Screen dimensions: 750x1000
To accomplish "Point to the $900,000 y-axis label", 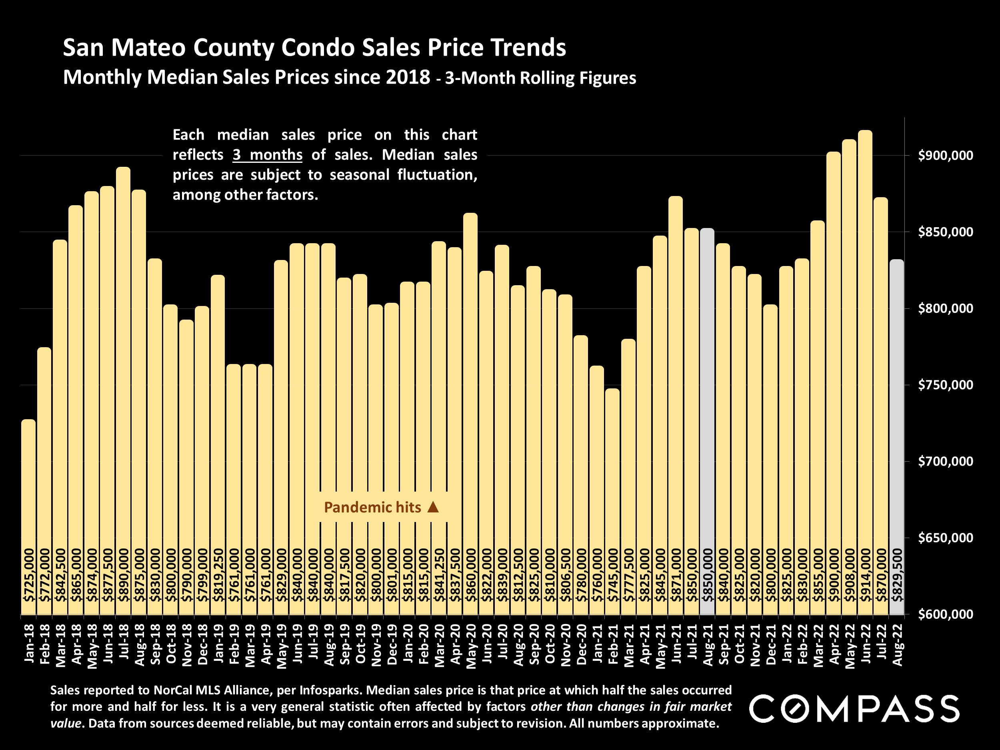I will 945,156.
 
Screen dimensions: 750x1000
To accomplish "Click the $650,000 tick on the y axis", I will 945,538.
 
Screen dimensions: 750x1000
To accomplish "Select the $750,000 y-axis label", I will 945,385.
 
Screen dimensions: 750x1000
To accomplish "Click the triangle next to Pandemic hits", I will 433,507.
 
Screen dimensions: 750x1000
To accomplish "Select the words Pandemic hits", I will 372,508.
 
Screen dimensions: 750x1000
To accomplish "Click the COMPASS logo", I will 854,709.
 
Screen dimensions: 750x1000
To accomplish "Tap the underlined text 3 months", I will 267,155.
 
